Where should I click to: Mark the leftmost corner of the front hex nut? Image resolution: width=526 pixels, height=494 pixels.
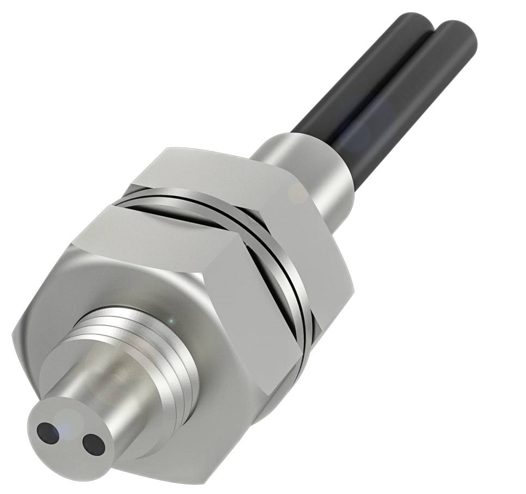click(x=14, y=333)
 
